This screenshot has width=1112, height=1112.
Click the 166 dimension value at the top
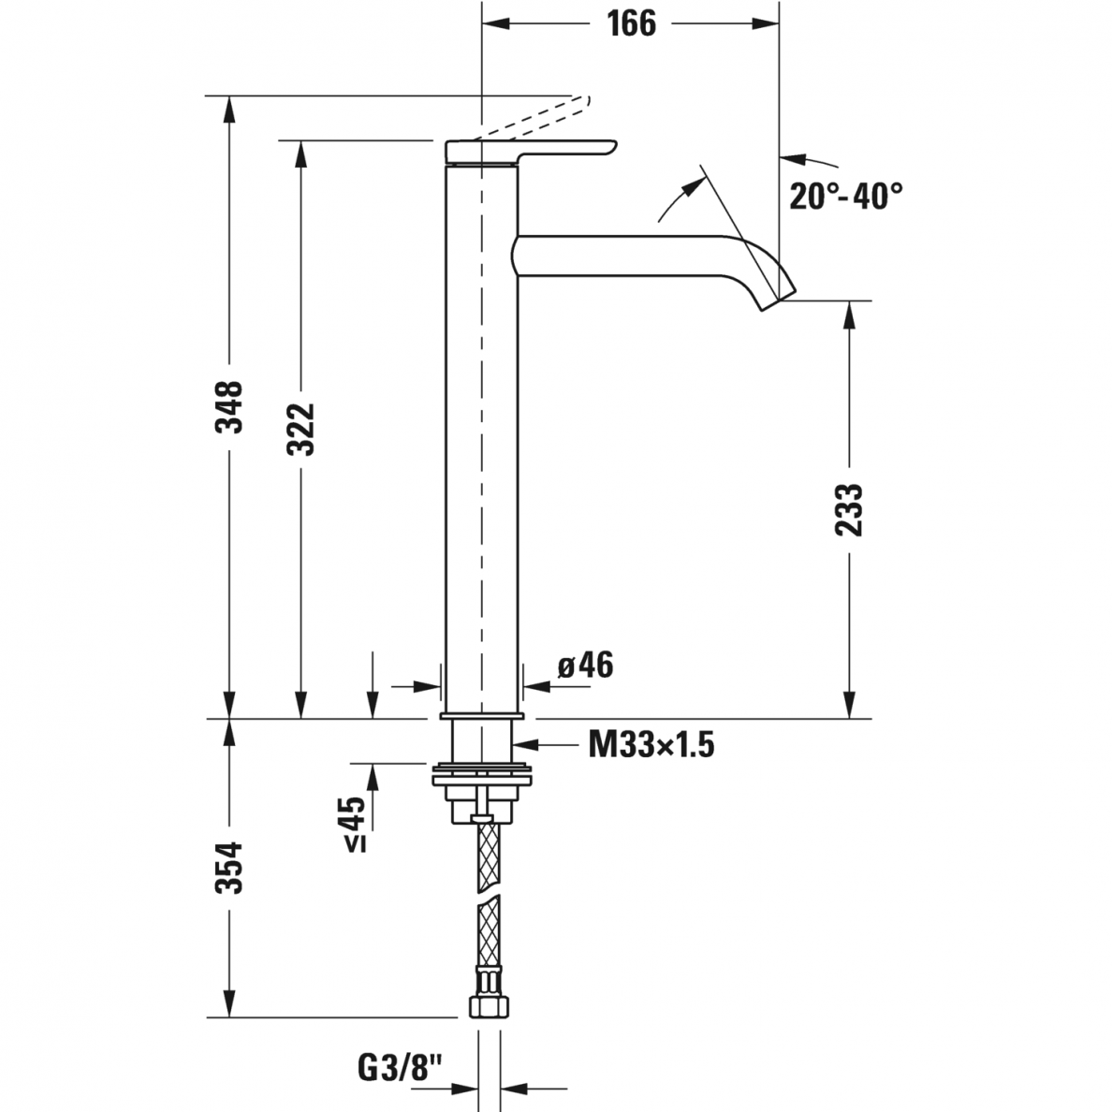pos(631,23)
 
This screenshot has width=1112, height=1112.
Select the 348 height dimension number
pos(229,406)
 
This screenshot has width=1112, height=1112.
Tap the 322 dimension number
pos(300,429)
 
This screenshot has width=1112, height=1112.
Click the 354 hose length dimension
pos(229,868)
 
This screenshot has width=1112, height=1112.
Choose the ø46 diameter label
pos(585,666)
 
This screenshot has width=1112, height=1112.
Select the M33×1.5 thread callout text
pos(651,745)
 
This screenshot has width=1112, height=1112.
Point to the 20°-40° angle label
pos(846,195)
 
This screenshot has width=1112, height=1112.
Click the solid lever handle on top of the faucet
pos(531,152)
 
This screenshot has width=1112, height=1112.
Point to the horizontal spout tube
pos(631,256)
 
